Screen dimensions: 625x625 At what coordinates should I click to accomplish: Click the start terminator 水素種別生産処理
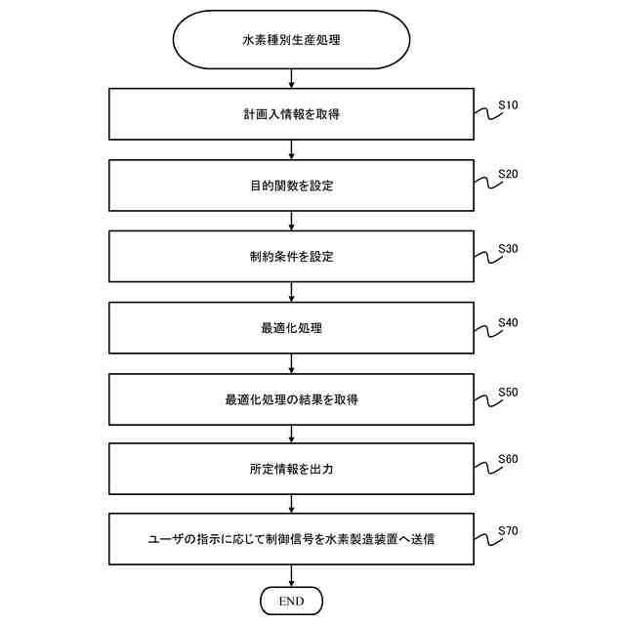pos(291,42)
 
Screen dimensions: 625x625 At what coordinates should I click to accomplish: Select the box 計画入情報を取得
pos(291,114)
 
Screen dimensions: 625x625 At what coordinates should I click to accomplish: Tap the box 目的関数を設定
pos(291,186)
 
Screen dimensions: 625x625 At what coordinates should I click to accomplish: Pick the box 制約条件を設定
pos(291,257)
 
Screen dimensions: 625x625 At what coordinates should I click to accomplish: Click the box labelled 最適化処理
pos(291,328)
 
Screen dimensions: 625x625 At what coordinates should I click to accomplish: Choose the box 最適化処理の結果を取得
pos(291,399)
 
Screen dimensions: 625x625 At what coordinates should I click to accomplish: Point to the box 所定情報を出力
pos(291,470)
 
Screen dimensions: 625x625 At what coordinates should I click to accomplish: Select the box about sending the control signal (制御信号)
pos(291,539)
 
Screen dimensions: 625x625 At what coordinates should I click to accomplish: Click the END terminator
pos(291,599)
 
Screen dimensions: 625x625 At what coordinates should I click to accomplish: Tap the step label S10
pos(508,104)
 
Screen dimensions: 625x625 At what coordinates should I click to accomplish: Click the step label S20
pos(508,175)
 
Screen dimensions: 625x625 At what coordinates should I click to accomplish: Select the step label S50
pos(508,392)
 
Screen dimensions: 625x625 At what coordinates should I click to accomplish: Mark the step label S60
pos(508,459)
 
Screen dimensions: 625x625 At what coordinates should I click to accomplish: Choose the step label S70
pos(508,530)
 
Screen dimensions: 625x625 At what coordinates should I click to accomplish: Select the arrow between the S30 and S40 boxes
pos(291,293)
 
